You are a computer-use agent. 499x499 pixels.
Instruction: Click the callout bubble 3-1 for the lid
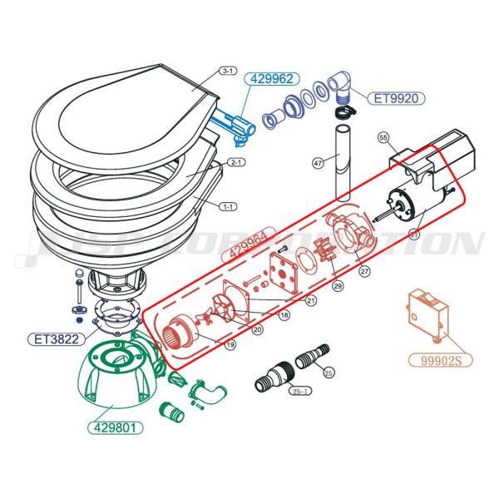(x=227, y=72)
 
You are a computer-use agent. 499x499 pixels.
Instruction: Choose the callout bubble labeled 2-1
(x=235, y=163)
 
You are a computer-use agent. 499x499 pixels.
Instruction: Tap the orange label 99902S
(x=437, y=360)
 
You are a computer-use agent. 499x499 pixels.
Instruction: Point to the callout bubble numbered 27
(x=363, y=270)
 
